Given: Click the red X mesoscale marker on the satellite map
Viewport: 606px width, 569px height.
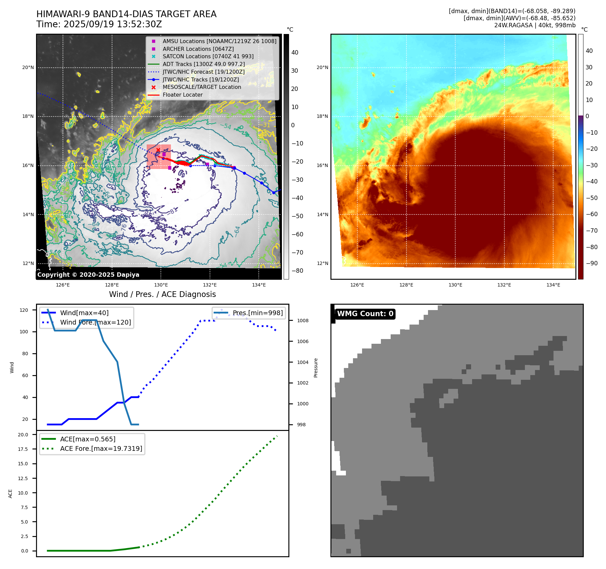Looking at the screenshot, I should coord(158,150).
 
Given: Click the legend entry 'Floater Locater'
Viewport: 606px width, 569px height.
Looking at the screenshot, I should coord(182,95).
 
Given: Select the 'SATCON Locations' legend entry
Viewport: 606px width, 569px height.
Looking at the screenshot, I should coord(208,57).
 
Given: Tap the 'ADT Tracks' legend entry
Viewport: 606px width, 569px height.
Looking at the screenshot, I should coord(204,64).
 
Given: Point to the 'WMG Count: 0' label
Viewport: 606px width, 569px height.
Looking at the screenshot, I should coord(365,314).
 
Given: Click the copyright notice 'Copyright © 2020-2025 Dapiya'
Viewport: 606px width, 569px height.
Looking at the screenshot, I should coord(88,275).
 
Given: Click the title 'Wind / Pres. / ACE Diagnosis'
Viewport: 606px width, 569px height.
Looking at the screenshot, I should coord(162,294).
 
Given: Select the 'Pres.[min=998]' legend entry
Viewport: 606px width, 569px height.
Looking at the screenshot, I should coord(257,313).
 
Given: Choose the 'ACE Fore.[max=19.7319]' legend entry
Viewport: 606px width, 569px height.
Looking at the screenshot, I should coord(101,448).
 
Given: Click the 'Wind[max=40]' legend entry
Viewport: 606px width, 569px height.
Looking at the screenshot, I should coord(84,313).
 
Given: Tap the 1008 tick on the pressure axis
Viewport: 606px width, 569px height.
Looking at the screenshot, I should coord(302,321).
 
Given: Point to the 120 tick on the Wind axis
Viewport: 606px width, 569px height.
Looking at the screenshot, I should coord(24,310).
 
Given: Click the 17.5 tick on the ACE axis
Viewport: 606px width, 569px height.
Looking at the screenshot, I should coord(23,449).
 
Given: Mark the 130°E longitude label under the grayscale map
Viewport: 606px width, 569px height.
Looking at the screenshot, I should coord(161,285).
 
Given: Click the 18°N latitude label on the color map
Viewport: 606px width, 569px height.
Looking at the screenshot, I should coord(322,116).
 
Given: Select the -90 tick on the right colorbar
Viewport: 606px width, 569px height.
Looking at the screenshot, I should coord(592,263).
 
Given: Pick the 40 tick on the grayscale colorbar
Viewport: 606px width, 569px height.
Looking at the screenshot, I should coord(295,53).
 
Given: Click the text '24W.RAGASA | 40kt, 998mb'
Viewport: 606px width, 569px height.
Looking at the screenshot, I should coord(535,25).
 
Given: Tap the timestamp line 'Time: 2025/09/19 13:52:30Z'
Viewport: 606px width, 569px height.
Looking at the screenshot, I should coord(99,24).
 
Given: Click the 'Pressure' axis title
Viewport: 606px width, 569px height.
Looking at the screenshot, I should coord(316,368).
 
